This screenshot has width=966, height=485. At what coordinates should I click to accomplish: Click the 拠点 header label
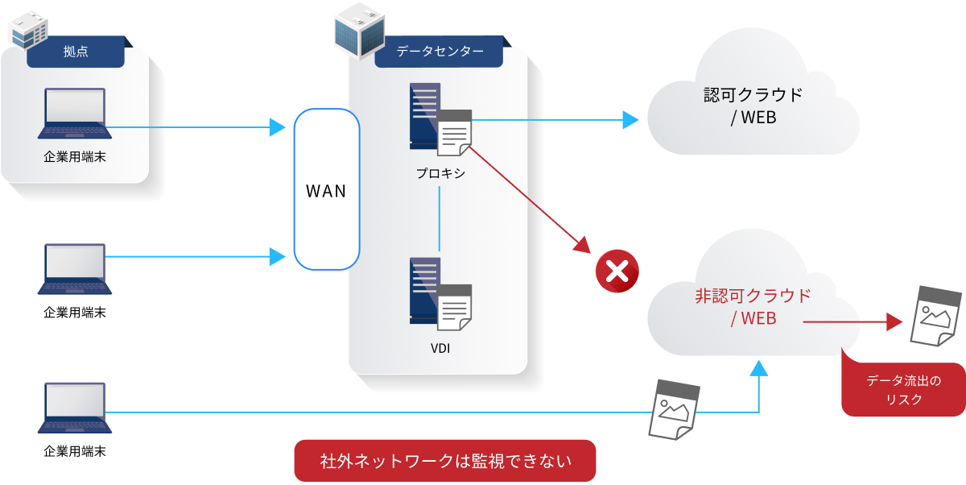pyautogui.click(x=76, y=52)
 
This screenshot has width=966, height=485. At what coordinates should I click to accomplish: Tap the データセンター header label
pyautogui.click(x=440, y=52)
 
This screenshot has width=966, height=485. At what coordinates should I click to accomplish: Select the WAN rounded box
pyautogui.click(x=326, y=190)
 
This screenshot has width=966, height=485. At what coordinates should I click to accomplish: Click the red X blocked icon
pyautogui.click(x=617, y=272)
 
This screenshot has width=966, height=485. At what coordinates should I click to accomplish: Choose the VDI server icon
pyautogui.click(x=440, y=294)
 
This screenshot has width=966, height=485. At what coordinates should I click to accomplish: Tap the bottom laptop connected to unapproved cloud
pyautogui.click(x=75, y=410)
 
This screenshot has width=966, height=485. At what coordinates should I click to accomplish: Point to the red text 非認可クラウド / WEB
pyautogui.click(x=753, y=307)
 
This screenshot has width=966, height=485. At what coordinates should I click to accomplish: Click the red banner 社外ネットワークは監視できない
pyautogui.click(x=445, y=461)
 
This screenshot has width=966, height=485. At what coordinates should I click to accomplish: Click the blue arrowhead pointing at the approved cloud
pyautogui.click(x=630, y=120)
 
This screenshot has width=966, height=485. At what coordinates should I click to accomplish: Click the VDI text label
pyautogui.click(x=440, y=349)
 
